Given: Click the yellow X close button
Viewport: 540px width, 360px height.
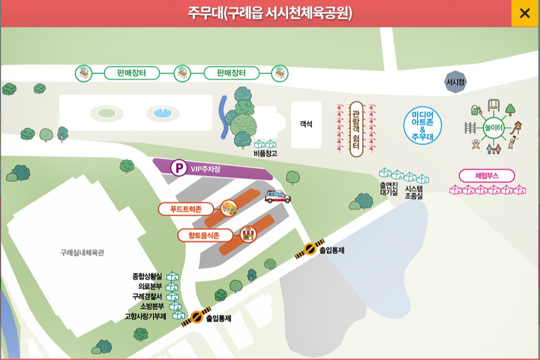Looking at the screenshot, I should coord(525,13).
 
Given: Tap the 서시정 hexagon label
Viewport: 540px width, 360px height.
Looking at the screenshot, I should coord(455,82).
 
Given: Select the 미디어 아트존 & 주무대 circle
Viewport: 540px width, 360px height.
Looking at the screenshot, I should coord(423,125).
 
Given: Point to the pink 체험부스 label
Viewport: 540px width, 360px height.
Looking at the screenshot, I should coord(487,175).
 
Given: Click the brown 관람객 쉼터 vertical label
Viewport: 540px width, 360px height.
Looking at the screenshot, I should coord(356,129).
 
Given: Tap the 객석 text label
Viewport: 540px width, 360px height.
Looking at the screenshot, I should coord(306,125).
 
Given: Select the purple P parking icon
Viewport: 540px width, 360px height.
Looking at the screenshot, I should coord(179,168).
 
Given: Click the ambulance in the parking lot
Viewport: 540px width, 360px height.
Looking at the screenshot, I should coord(278,197).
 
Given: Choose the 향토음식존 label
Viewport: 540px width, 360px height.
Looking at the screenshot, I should coord(205,235).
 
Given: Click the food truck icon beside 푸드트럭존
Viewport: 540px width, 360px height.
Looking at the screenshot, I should coord(229,207).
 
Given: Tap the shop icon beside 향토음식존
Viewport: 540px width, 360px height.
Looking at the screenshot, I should coord(248,234).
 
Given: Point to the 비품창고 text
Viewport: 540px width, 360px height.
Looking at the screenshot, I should coord(265,154).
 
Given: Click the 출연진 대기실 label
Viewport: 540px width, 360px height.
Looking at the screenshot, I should coord(388,188).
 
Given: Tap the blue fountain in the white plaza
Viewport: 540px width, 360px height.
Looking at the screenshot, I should coord(162,113).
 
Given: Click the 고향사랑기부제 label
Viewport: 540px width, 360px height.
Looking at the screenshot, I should coord(145,316).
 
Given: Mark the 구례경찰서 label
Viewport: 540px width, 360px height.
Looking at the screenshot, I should coord(147,296).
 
